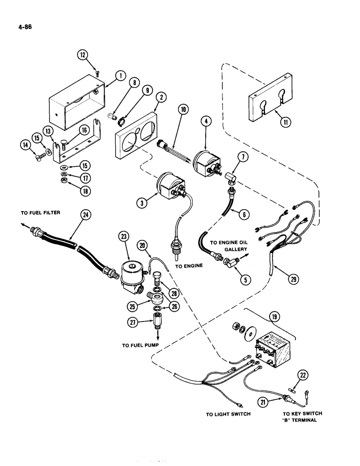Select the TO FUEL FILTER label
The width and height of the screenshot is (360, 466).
click(x=41, y=212)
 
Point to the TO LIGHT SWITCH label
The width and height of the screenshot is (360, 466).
click(x=228, y=413)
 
